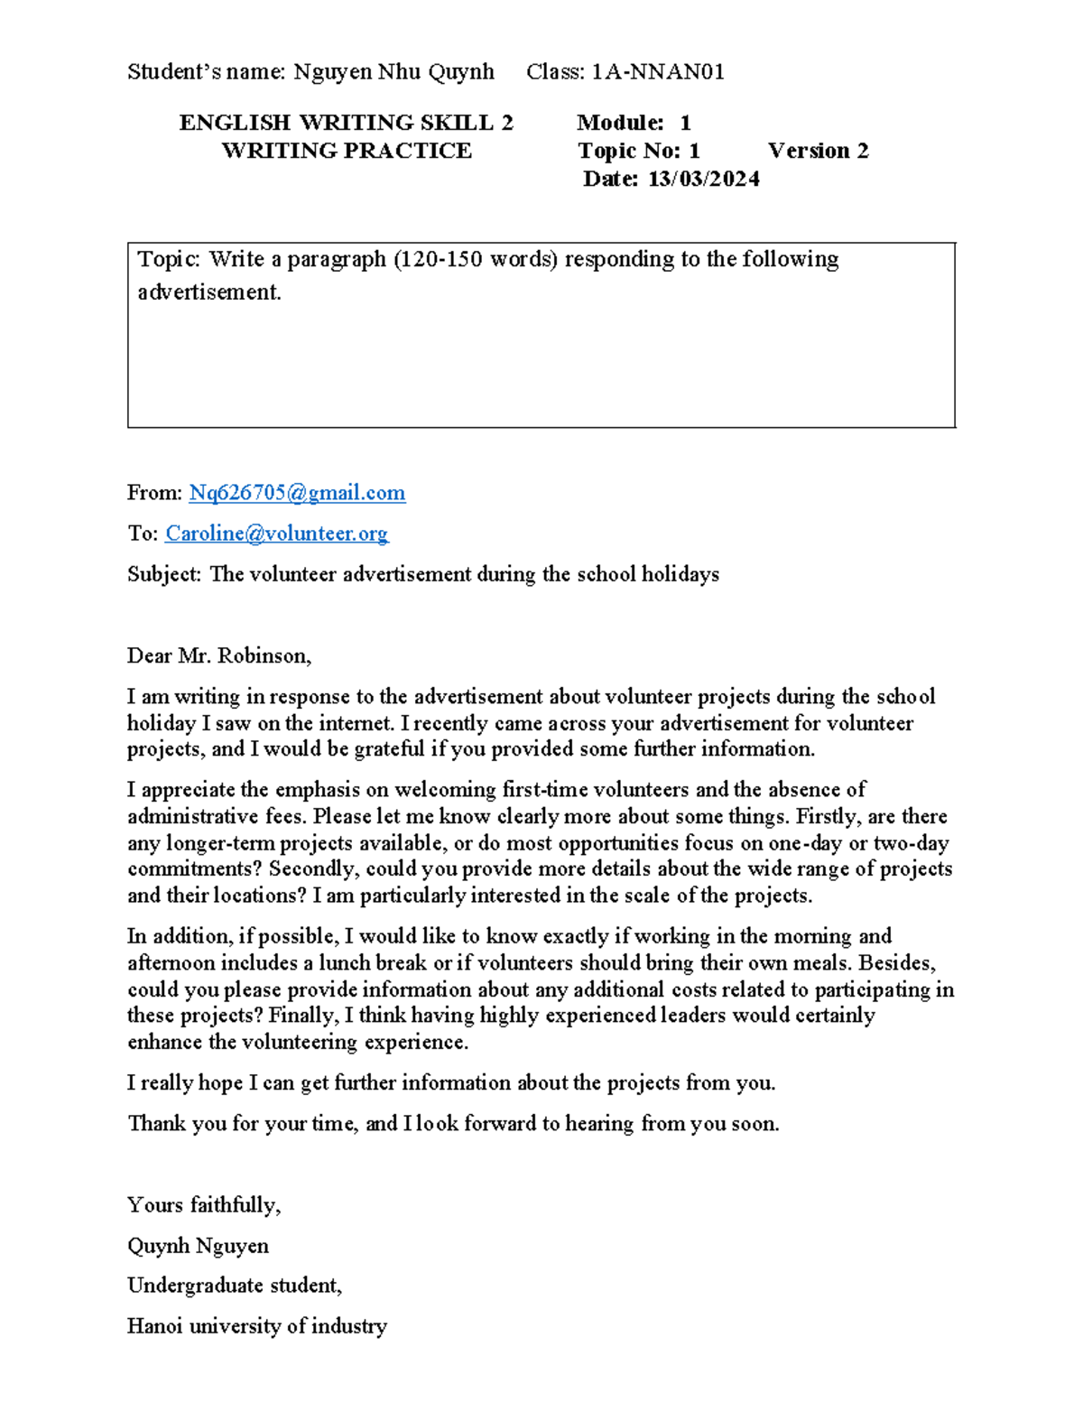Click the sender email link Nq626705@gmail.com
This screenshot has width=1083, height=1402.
[297, 493]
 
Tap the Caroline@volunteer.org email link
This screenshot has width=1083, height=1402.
[276, 534]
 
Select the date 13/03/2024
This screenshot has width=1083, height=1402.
[703, 179]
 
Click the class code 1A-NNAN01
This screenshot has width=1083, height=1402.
[658, 72]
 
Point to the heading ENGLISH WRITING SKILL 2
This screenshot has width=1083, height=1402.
[346, 123]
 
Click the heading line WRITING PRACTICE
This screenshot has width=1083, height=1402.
[347, 151]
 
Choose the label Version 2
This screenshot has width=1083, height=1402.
[818, 151]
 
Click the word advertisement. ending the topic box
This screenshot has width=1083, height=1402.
[209, 292]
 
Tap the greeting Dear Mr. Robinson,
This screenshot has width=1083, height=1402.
[219, 656]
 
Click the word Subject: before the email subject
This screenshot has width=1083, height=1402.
[164, 574]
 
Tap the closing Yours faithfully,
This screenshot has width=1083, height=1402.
[204, 1205]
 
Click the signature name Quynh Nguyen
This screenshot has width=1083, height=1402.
[198, 1246]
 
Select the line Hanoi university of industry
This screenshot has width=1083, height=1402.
[257, 1326]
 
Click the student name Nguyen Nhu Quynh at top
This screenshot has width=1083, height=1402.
[393, 72]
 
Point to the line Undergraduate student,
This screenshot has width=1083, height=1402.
[235, 1286]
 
